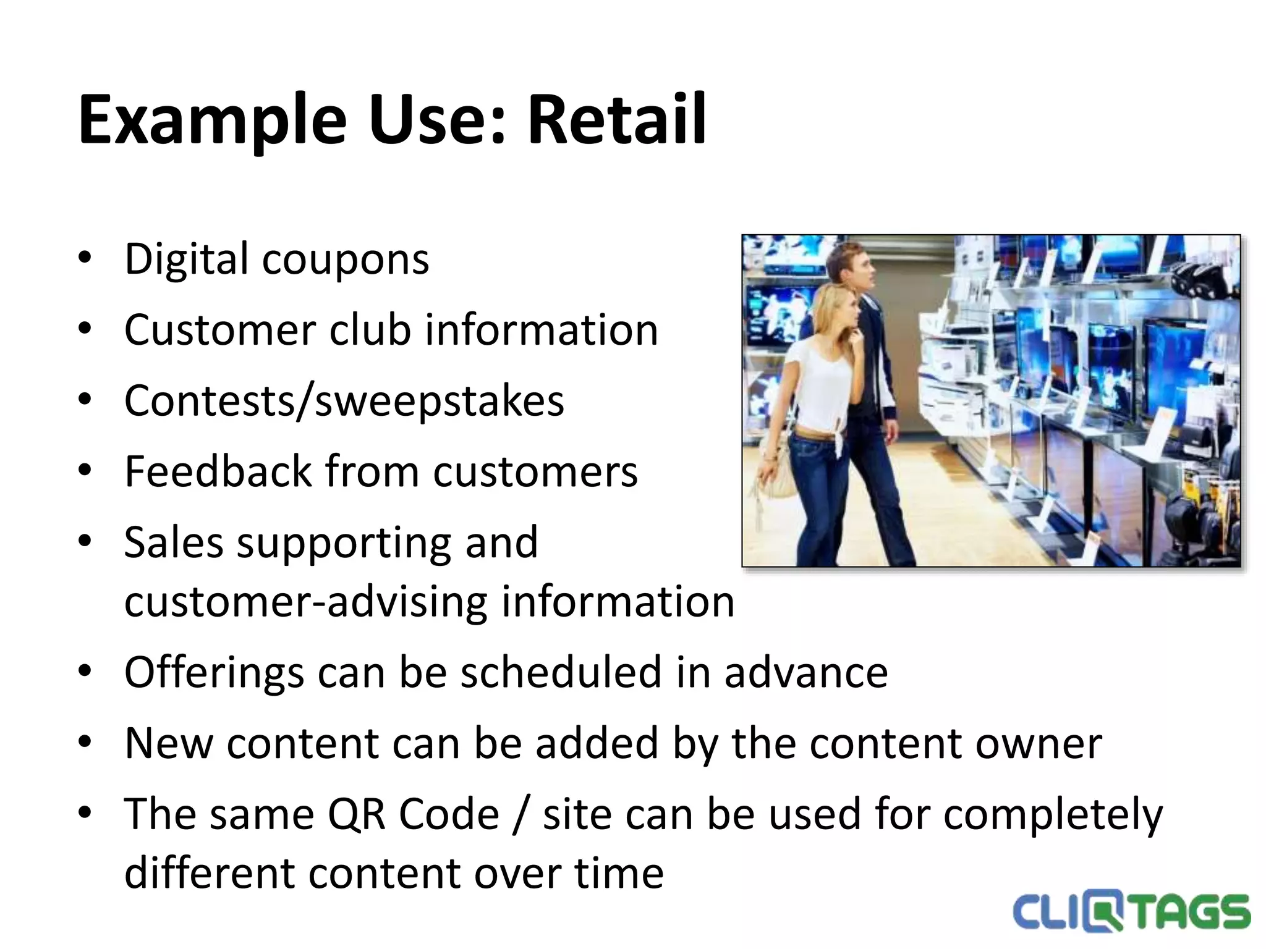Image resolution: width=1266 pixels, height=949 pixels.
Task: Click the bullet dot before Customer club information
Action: [85, 329]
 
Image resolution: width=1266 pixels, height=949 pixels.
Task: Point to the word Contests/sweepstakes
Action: [344, 401]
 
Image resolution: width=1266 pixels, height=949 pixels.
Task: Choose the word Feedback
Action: [218, 471]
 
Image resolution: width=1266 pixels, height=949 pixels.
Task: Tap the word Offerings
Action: [214, 672]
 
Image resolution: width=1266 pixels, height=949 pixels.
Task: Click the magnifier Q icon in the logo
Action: [1102, 913]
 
